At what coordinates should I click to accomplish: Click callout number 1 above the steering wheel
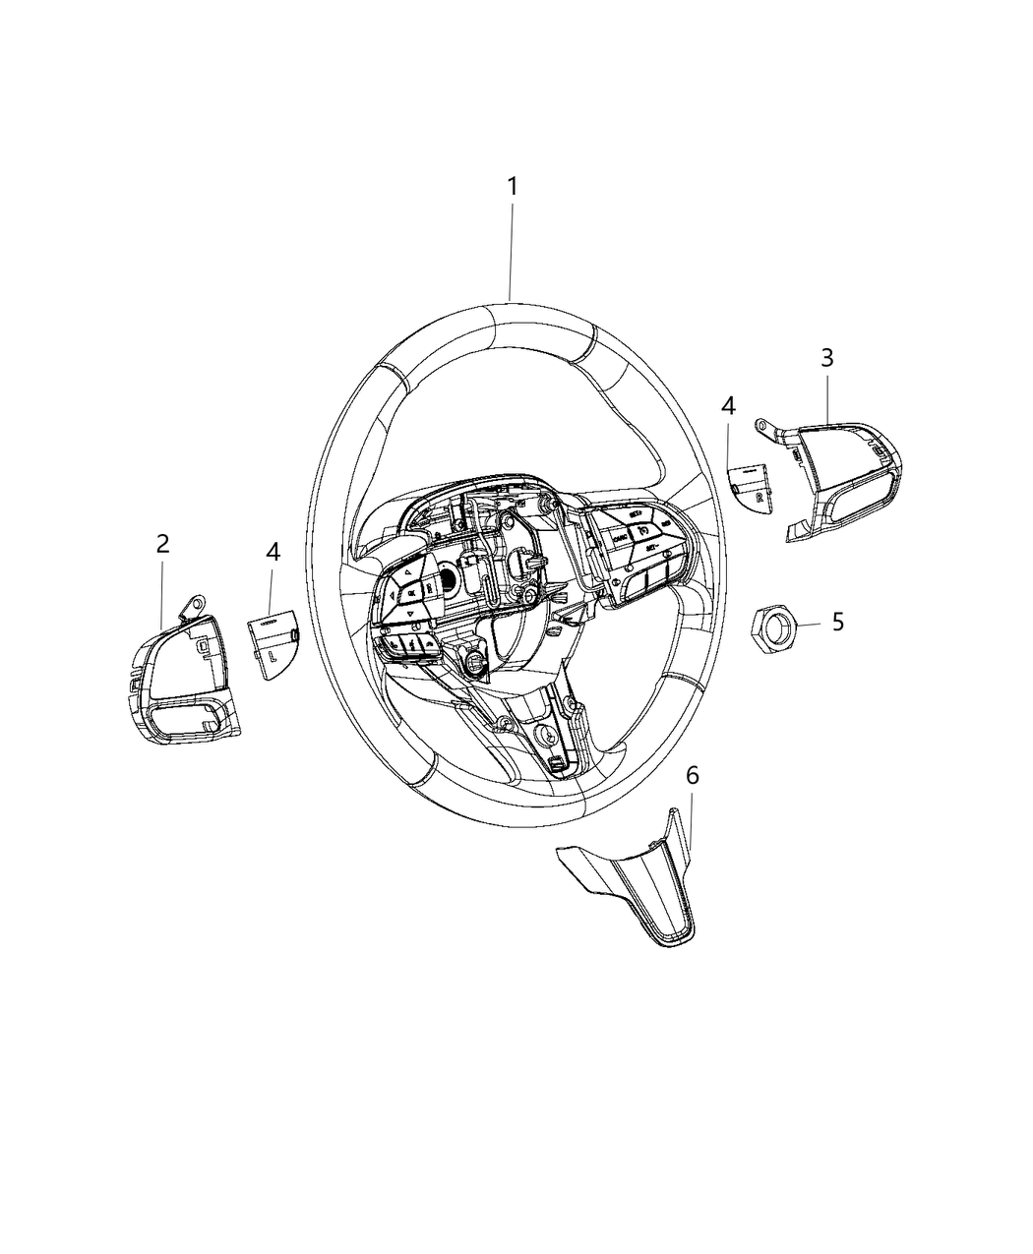(512, 186)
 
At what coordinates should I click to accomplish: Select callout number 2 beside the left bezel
(163, 544)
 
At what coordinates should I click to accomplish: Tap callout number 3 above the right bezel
(827, 358)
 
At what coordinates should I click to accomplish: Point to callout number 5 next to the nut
(837, 623)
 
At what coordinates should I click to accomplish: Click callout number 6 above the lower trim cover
(693, 776)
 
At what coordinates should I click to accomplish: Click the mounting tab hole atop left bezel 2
(198, 604)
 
